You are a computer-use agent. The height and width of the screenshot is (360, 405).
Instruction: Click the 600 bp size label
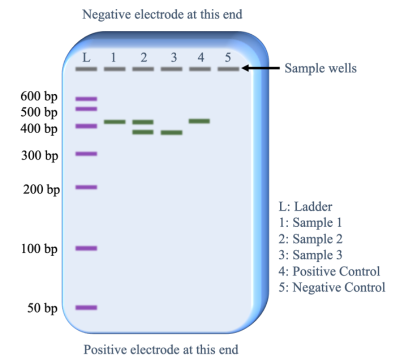point(38,96)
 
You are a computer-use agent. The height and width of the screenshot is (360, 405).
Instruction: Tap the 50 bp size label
point(42,308)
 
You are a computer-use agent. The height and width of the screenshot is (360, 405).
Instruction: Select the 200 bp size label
point(41,189)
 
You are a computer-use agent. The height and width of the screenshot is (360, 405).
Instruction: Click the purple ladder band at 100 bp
point(86,248)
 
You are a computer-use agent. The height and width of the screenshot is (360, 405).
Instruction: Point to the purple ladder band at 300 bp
point(86,153)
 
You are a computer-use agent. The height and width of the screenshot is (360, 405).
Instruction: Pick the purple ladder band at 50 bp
point(86,307)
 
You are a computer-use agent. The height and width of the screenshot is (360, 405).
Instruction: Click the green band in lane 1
point(114,121)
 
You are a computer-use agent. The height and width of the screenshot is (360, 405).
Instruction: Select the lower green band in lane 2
point(143,132)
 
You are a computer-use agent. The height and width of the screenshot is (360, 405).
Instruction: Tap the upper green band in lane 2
point(143,122)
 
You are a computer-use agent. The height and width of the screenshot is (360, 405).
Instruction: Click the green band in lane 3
point(171,132)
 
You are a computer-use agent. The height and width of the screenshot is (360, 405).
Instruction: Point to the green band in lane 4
point(199,121)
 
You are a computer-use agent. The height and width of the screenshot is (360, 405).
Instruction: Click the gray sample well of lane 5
point(228,68)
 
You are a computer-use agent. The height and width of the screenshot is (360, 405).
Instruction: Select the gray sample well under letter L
point(86,68)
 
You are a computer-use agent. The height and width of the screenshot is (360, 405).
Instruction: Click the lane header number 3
point(173,57)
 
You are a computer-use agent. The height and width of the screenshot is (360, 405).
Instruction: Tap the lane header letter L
point(86,57)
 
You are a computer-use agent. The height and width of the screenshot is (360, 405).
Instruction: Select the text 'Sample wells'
point(320,68)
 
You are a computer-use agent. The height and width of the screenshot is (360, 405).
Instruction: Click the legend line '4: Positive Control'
point(330,271)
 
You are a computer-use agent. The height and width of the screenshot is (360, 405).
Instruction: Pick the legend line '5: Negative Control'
point(332,287)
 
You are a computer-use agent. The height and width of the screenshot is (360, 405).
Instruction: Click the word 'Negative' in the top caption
point(106,14)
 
